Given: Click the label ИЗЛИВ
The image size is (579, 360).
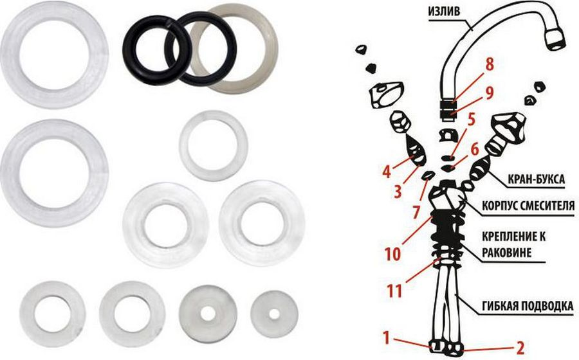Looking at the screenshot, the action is (444, 11).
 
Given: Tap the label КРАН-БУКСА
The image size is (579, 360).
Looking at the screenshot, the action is (537, 179).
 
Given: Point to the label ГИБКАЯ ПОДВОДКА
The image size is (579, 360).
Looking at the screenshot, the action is (528, 306).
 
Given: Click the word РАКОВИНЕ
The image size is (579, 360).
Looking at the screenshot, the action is (507, 253).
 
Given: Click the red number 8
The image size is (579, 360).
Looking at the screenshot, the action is (490, 65).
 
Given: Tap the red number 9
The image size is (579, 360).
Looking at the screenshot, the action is (490, 93).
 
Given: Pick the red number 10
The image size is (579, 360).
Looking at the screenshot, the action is (392, 254).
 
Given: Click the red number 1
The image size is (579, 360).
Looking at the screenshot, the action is (386, 338).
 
